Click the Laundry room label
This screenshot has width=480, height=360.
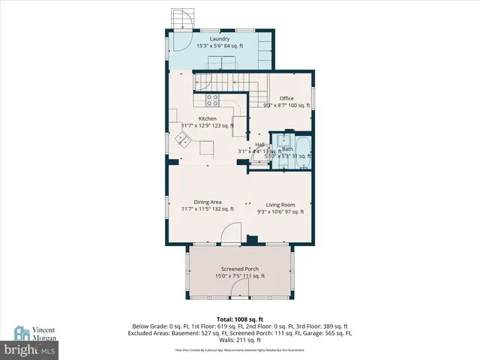pos(219,38)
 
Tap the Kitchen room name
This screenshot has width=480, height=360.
pos(207,118)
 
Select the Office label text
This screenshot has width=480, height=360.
pos(286,98)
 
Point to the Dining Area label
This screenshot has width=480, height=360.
pos(207,202)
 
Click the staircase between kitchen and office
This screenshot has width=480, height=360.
pos(225,82)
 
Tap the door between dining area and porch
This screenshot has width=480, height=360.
pos(231,234)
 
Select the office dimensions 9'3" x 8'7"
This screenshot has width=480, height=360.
pos(286,106)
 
